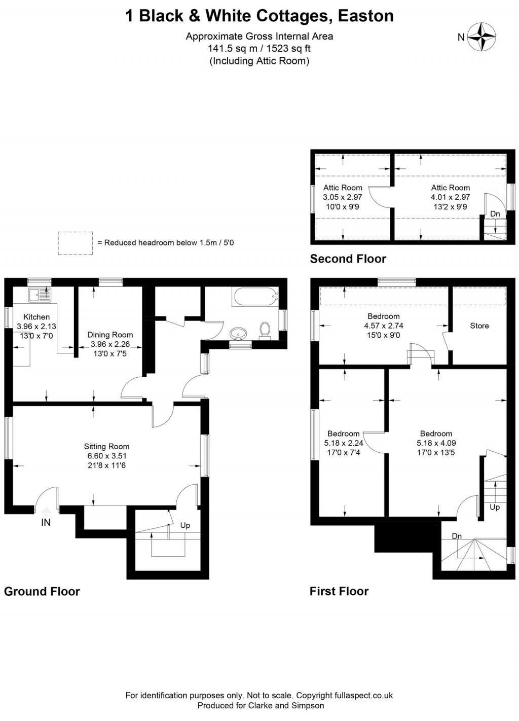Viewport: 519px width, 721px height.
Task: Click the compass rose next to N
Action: [x=481, y=37]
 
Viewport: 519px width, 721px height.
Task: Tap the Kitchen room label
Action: [x=36, y=317]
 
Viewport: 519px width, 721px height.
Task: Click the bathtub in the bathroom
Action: [x=255, y=296]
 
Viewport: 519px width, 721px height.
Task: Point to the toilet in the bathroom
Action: [x=264, y=330]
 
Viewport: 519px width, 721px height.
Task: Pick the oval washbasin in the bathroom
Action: [x=239, y=334]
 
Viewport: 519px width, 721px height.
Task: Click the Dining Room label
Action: [x=110, y=335]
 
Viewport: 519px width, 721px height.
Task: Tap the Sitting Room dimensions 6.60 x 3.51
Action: [x=106, y=456]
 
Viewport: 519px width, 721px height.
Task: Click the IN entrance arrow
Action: [x=46, y=513]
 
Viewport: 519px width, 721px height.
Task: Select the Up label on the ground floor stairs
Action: [x=185, y=525]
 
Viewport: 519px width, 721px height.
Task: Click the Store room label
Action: [x=479, y=326]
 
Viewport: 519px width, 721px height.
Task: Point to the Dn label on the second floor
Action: [x=495, y=214]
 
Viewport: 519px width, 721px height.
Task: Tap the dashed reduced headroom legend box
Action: [x=75, y=243]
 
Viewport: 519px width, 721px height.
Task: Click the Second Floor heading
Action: [x=348, y=259]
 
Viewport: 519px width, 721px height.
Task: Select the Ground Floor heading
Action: [x=42, y=592]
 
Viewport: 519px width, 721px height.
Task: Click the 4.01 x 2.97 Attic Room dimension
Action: [x=450, y=197]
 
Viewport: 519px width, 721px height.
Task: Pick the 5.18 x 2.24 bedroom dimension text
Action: [x=344, y=443]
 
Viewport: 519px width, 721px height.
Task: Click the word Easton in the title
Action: [x=365, y=16]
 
